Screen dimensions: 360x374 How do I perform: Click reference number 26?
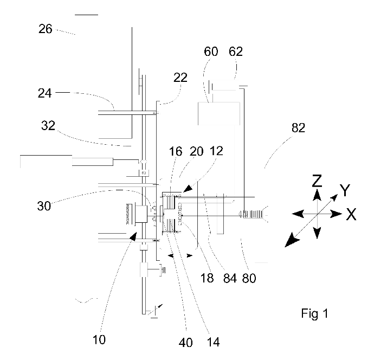click(46, 29)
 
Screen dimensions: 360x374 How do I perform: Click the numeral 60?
click(211, 52)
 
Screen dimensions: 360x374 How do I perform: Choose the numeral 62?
click(236, 52)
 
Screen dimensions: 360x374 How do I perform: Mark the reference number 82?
click(298, 128)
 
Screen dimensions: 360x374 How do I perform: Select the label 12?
click(215, 153)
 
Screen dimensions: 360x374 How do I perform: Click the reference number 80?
click(248, 279)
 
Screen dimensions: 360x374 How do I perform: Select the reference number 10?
click(99, 341)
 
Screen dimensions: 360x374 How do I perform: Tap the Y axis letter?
click(345, 190)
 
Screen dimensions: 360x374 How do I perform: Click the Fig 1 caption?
click(314, 313)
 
